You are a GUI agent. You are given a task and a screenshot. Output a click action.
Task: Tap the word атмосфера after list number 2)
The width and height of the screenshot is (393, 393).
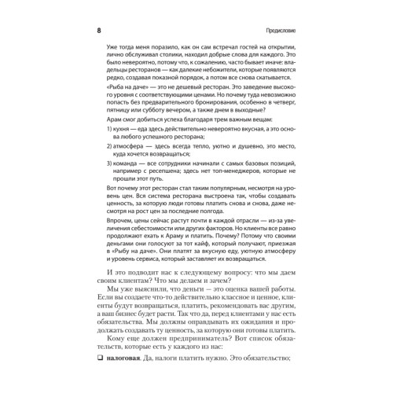pyautogui.click(x=130, y=178)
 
